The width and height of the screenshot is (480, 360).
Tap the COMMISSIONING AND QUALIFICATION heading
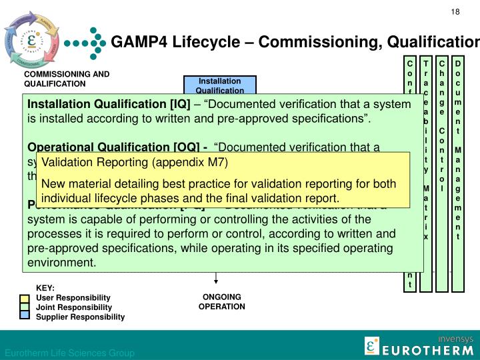[x=67, y=79]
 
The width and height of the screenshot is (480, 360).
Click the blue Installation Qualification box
[x=210, y=86]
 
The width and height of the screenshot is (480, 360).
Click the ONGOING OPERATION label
[x=222, y=302]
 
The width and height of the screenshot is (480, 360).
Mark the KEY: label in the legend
[x=45, y=288]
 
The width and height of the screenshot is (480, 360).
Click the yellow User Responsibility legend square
[x=25, y=297]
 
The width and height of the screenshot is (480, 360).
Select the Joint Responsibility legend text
[x=74, y=307]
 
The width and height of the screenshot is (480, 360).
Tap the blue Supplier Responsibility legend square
[x=25, y=316]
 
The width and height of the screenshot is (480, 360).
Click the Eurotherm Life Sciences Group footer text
[x=70, y=353]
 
